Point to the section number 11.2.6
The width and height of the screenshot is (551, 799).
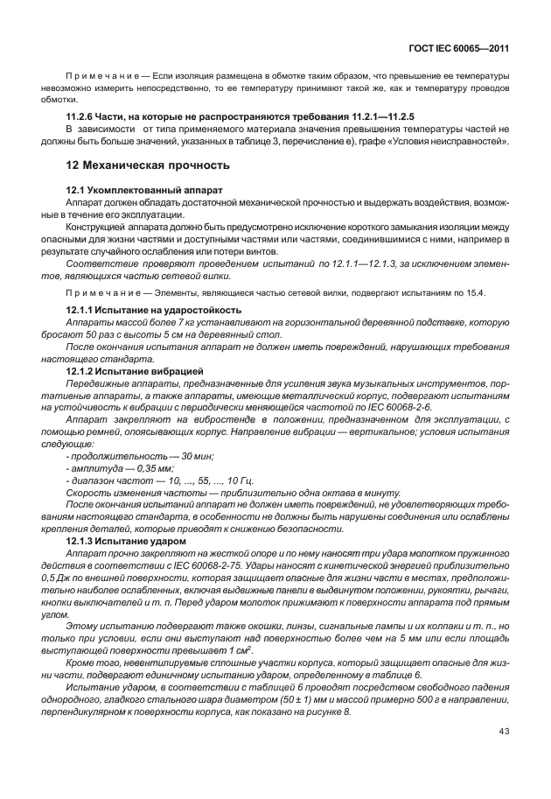(x=83, y=116)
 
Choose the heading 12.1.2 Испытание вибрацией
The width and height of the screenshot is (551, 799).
(x=135, y=371)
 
